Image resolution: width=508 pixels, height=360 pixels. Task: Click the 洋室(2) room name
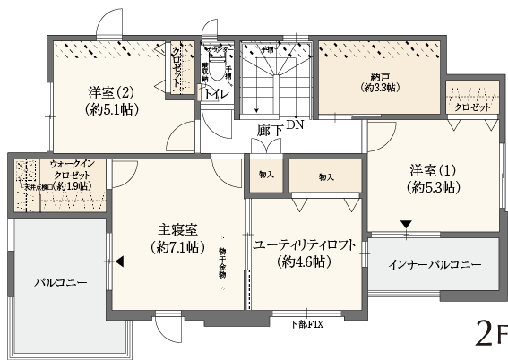coord(111,91)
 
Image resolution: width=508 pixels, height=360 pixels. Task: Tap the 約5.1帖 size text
coord(111,110)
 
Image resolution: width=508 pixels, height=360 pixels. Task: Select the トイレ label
coord(215,92)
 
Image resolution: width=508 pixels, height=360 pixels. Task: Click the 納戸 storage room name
coord(381,75)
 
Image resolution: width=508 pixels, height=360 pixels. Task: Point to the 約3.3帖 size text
coord(381,88)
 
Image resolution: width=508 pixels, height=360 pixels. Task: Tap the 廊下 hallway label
coord(270,131)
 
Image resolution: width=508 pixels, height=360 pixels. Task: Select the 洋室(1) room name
coord(434,169)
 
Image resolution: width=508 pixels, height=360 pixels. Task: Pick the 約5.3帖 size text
coord(434,187)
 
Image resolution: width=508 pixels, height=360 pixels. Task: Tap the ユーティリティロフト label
coord(305,244)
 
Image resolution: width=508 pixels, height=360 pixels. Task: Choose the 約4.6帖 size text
coord(304,262)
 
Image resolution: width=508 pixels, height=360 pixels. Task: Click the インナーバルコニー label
coord(435,266)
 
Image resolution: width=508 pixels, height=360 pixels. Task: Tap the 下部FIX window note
coord(306,323)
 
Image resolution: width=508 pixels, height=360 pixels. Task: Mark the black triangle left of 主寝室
coord(119,261)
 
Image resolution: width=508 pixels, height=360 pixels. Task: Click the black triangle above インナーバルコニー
coord(407,224)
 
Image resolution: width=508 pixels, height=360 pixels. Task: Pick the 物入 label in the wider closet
coord(325,178)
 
